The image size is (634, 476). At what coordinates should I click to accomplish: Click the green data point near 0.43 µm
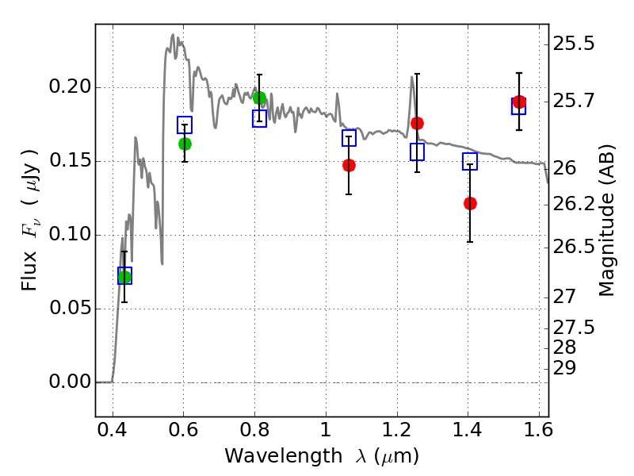pyautogui.click(x=124, y=277)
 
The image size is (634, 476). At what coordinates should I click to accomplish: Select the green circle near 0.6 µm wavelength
pyautogui.click(x=185, y=144)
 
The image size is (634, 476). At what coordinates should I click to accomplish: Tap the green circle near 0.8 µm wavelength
pyautogui.click(x=259, y=98)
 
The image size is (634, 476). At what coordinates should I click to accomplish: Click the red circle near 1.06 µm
pyautogui.click(x=349, y=165)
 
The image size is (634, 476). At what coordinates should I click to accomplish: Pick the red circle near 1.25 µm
pyautogui.click(x=417, y=124)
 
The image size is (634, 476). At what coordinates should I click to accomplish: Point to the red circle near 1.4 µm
pyautogui.click(x=470, y=203)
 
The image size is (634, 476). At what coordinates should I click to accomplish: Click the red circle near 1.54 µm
pyautogui.click(x=519, y=102)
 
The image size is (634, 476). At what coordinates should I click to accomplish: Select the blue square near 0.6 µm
pyautogui.click(x=185, y=125)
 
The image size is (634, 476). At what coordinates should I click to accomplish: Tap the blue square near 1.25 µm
pyautogui.click(x=418, y=152)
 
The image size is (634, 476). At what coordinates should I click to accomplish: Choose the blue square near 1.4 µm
pyautogui.click(x=470, y=161)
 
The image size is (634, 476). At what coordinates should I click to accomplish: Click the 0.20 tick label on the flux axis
pyautogui.click(x=70, y=86)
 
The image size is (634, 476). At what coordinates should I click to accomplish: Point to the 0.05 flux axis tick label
pyautogui.click(x=70, y=308)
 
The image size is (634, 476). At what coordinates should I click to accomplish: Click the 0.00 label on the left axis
pyautogui.click(x=70, y=382)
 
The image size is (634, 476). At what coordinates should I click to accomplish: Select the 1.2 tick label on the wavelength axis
pyautogui.click(x=397, y=430)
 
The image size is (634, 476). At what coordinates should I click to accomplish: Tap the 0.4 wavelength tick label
pyautogui.click(x=112, y=430)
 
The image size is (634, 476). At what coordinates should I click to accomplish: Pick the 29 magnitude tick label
pyautogui.click(x=564, y=368)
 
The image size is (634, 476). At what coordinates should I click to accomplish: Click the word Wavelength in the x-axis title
pyautogui.click(x=284, y=456)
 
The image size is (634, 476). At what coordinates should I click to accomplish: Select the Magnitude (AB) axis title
pyautogui.click(x=606, y=221)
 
